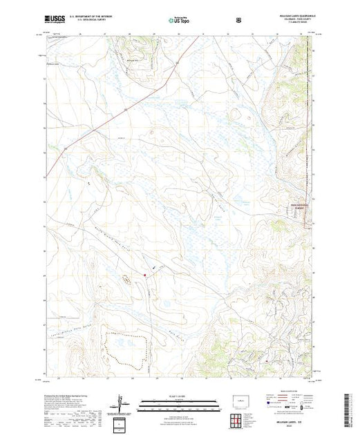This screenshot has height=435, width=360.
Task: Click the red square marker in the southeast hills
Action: click(x=266, y=360)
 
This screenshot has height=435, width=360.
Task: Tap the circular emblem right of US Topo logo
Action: click(x=238, y=19)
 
